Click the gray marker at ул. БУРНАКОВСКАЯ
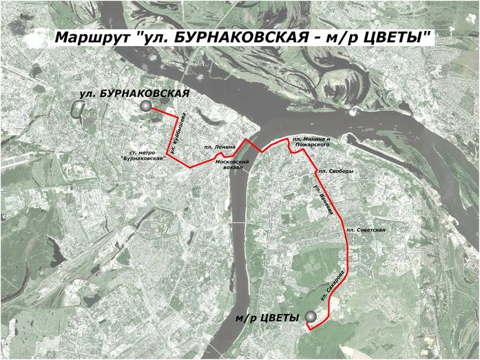coord(145,106)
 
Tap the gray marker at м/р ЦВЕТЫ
coord(311,317)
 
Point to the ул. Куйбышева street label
coord(177,134)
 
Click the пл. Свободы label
coord(335,171)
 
